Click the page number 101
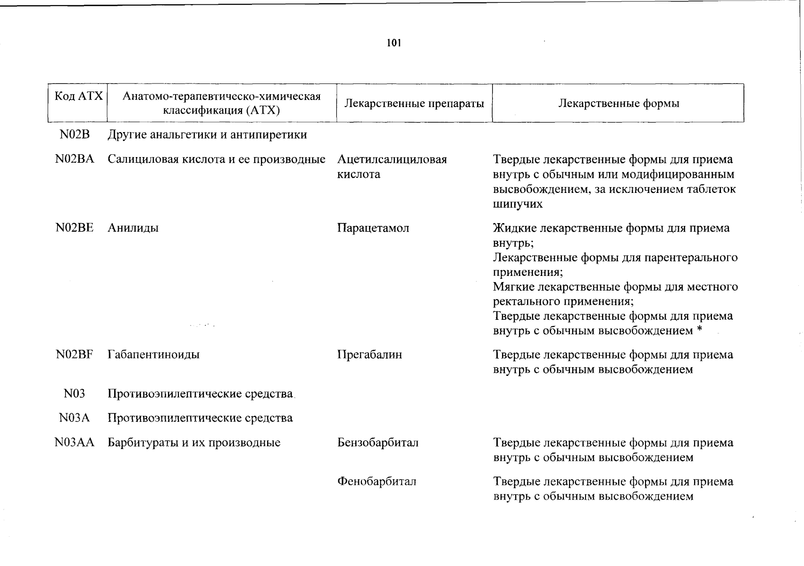[394, 43]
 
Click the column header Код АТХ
[78, 97]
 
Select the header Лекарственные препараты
[414, 103]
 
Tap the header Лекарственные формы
[619, 103]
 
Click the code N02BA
[75, 159]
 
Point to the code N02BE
[75, 228]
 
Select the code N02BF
[75, 354]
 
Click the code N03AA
[75, 442]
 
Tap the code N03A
[75, 418]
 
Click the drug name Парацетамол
[373, 228]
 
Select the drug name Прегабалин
[369, 354]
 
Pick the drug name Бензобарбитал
[378, 442]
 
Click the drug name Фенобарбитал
[377, 482]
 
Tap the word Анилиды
[133, 228]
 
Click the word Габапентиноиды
[153, 354]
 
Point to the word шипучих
[518, 204]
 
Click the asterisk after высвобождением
[699, 330]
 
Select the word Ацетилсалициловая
[392, 159]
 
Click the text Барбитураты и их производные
[194, 442]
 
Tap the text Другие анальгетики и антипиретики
[207, 135]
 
